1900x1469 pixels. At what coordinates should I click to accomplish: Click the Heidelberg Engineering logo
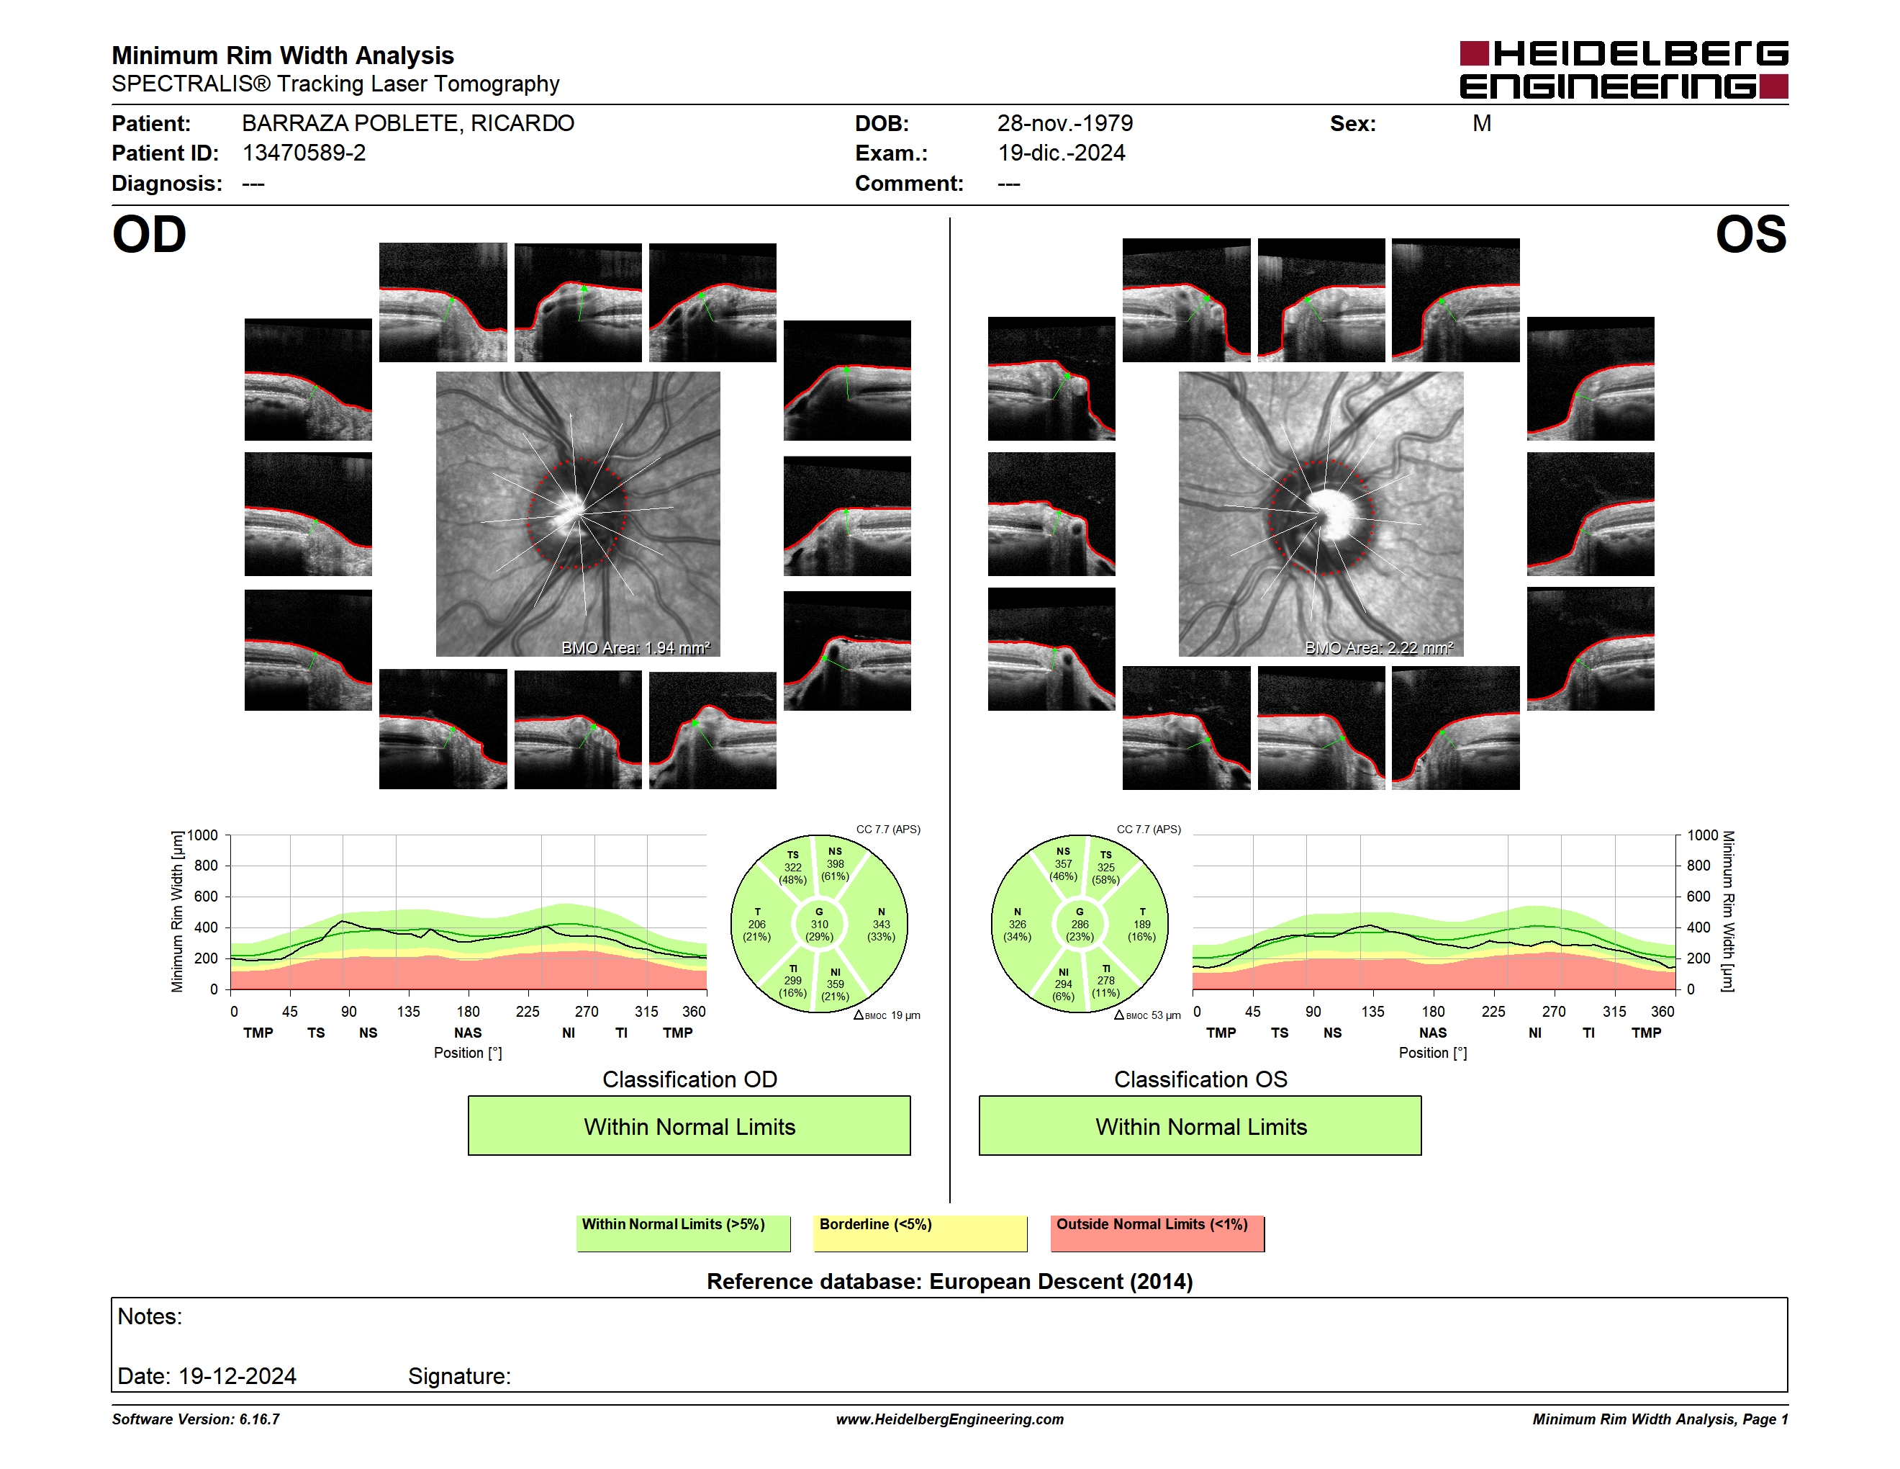[x=1624, y=70]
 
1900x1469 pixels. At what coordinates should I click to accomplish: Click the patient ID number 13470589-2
[x=304, y=153]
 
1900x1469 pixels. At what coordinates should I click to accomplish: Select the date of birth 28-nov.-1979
[x=1065, y=124]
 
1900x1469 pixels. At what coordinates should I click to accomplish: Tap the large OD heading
[x=150, y=235]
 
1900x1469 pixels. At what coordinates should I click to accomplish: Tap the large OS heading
[x=1750, y=235]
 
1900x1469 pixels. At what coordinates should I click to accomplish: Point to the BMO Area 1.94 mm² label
[x=635, y=647]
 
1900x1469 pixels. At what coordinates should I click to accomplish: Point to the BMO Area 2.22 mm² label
[x=1379, y=647]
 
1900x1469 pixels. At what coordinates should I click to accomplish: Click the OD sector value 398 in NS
[x=835, y=864]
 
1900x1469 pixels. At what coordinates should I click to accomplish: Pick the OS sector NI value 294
[x=1063, y=984]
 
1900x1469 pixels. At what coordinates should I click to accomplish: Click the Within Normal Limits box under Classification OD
[x=689, y=1126]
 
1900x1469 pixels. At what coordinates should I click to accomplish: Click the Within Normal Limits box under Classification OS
[x=1200, y=1126]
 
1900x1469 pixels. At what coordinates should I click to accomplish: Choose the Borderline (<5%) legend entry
[x=920, y=1233]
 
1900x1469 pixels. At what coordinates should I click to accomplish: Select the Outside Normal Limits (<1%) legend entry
[x=1157, y=1233]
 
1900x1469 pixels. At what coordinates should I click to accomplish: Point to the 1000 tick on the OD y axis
[x=203, y=835]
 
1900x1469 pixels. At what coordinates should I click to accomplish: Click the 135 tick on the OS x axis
[x=1372, y=1011]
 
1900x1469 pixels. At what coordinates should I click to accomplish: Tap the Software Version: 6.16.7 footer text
[x=196, y=1419]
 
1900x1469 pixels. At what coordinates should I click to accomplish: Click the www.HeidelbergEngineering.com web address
[x=950, y=1419]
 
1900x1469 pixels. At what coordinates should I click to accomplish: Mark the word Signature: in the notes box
[x=459, y=1376]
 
